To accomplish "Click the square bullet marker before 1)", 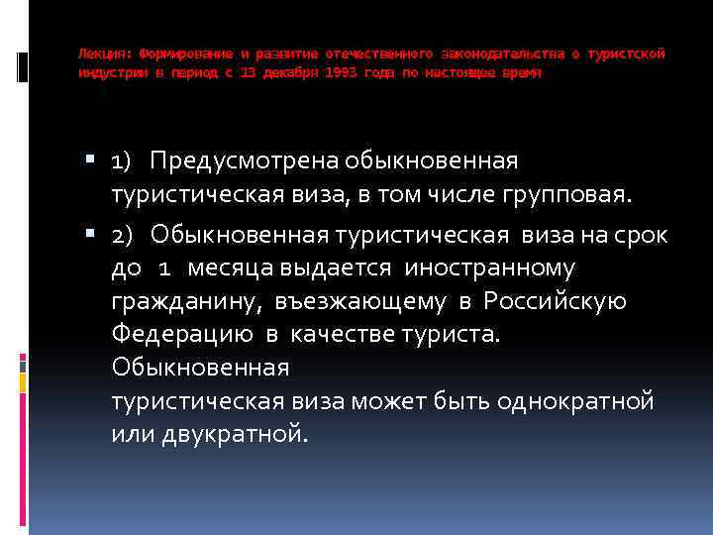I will pyautogui.click(x=92, y=160).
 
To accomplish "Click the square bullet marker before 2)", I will pyautogui.click(x=92, y=234).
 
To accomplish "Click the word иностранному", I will pyautogui.click(x=492, y=268).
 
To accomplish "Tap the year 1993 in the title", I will pyautogui.click(x=338, y=74).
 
